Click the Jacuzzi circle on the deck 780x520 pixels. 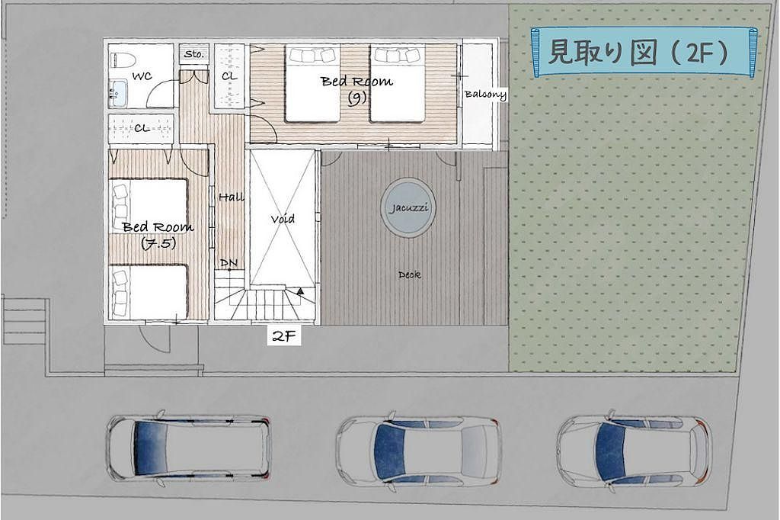coord(408,207)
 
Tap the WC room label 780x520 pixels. coord(142,76)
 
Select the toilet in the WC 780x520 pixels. coord(122,60)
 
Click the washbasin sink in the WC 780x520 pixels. coord(118,93)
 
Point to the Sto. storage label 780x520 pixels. coord(194,54)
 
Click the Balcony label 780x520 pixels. coord(485,94)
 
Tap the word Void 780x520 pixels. coord(283,219)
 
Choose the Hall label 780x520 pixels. coord(232,197)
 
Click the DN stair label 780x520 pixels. coord(229,262)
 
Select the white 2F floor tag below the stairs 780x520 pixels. coord(284,336)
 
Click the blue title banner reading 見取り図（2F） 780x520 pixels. coord(644,52)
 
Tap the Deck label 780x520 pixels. coord(409,274)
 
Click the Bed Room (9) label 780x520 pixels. coord(356,88)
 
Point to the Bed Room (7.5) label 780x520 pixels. coord(158,234)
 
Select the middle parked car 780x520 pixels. coord(419,449)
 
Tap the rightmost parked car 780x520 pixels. coord(635,448)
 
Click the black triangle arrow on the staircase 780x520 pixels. coord(300,292)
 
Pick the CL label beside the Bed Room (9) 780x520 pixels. coord(229,76)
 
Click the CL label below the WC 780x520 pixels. coord(142,128)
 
